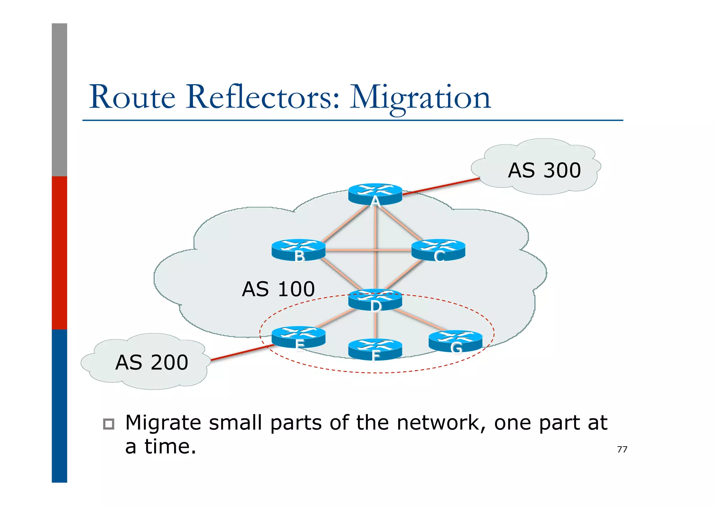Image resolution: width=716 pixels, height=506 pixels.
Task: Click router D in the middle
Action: pos(375,299)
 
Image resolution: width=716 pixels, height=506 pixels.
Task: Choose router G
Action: pos(455,341)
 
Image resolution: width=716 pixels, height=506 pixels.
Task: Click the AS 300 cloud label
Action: pos(544,170)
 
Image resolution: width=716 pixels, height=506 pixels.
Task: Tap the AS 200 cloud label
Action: pos(151,362)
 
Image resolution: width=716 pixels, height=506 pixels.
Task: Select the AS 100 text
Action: pos(278,289)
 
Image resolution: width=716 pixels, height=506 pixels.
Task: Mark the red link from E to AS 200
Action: pos(241,352)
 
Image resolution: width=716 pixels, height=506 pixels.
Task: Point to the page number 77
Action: pos(622,449)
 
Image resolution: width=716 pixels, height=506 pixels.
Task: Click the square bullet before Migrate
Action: pos(109,424)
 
